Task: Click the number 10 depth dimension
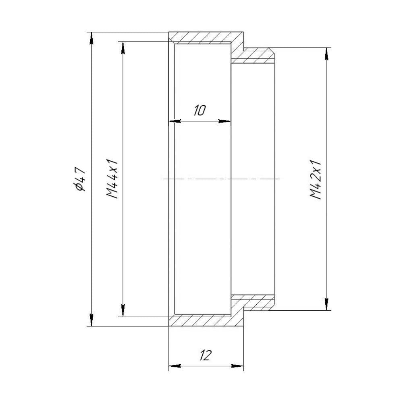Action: coord(200,110)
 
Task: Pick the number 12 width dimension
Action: coord(205,355)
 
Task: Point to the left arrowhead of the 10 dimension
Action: coord(174,121)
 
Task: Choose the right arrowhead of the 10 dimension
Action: coord(225,121)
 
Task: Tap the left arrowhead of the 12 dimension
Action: coord(174,366)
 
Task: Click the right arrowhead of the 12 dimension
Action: coord(238,366)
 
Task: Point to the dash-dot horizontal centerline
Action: coord(222,179)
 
